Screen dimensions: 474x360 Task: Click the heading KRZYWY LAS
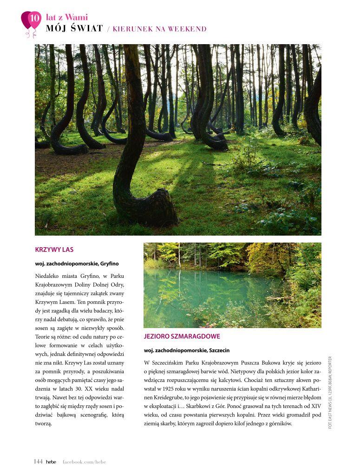[x=54, y=250]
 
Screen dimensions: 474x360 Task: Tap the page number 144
[x=38, y=461]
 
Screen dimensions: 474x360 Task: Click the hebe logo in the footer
[x=51, y=461]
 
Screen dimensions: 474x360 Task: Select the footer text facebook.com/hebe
[x=84, y=461]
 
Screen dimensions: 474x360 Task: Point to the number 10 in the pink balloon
[x=34, y=19]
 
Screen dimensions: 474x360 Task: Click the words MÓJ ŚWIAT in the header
[x=74, y=29]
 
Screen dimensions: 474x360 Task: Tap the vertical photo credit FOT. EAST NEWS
[x=330, y=393]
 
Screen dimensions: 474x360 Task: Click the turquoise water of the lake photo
[x=204, y=288]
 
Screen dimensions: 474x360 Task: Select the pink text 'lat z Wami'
[x=67, y=18]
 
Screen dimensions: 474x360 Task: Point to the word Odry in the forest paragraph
[x=117, y=284]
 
